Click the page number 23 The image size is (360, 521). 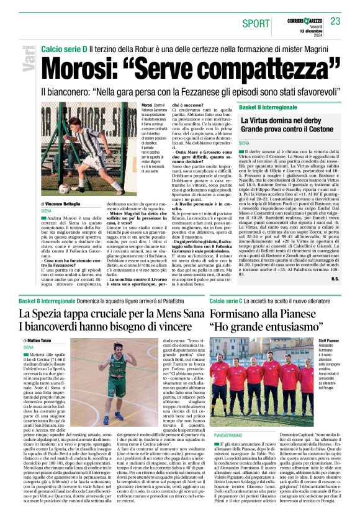335,22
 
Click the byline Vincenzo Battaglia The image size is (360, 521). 63,203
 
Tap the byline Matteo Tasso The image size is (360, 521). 40,341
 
